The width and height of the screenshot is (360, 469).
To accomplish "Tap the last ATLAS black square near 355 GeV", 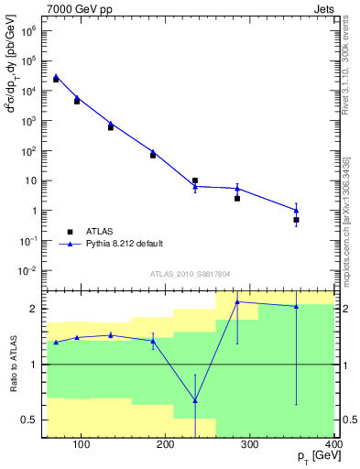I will pyautogui.click(x=296, y=220).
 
